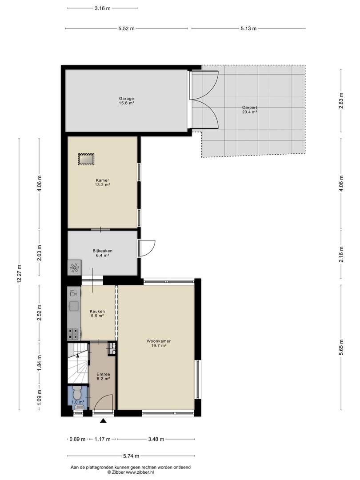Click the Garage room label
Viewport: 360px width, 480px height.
126,101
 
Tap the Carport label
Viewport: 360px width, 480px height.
249,110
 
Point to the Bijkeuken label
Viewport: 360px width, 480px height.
103,253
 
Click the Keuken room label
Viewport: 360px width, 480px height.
97,313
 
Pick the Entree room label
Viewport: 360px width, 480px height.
103,376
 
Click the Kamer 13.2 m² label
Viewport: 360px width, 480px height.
102,183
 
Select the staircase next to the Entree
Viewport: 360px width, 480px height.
78,364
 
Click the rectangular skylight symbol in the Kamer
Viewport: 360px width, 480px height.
86,160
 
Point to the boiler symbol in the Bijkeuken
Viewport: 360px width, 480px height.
74,267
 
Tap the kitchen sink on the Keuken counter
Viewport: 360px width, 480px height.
74,306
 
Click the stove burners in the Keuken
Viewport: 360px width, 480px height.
74,334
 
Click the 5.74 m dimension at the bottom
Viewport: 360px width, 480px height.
131,456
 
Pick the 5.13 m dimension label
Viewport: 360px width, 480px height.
248,28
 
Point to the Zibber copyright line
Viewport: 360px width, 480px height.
131,472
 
